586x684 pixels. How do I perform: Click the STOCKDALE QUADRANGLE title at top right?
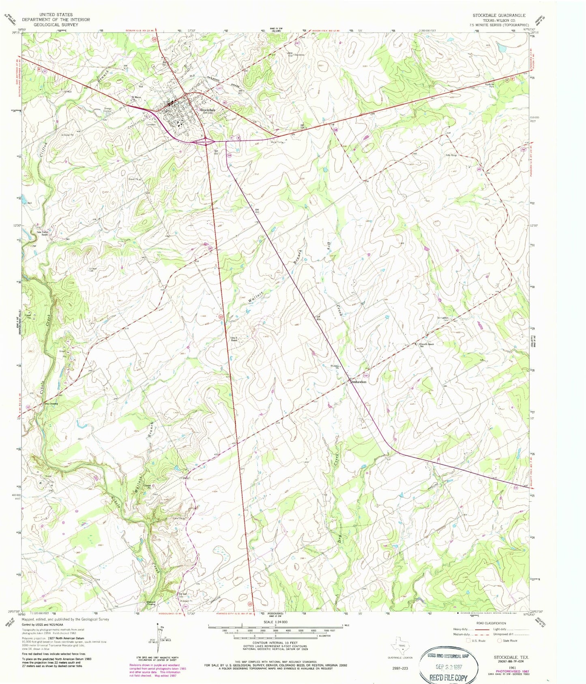pos(498,15)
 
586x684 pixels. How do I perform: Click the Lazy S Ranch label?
pos(234,339)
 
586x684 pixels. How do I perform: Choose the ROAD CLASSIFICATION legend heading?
pos(492,623)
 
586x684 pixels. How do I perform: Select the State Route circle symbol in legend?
pos(500,641)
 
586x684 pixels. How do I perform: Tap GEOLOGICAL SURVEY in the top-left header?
pos(56,24)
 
